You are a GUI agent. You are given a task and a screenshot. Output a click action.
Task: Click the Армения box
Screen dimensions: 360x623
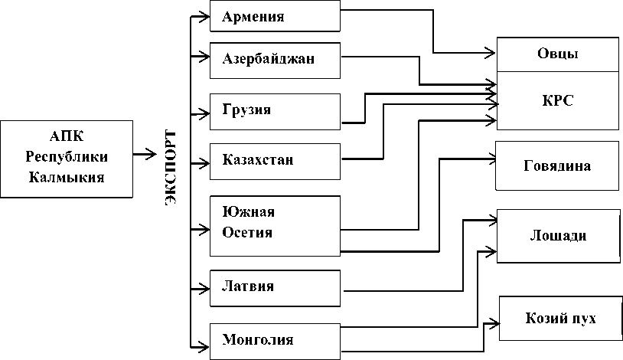(275, 16)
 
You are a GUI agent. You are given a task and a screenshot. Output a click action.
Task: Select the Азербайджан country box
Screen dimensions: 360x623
(275, 60)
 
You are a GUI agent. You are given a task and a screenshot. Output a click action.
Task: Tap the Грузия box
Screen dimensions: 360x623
(275, 111)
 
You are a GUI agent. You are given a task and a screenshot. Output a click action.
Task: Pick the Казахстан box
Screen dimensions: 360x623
(275, 160)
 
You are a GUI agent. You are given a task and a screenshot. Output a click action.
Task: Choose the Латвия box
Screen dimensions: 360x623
(275, 288)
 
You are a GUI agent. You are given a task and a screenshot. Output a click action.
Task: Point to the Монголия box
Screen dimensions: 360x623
(275, 339)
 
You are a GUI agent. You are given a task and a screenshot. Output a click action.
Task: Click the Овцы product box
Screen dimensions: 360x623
(557, 54)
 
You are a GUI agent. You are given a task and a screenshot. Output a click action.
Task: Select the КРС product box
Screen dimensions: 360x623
(557, 100)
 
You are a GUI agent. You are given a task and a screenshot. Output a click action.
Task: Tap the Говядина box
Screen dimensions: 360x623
(557, 165)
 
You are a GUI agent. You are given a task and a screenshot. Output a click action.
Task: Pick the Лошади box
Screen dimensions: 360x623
(557, 235)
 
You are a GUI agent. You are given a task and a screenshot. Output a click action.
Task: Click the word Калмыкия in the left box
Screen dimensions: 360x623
(67, 177)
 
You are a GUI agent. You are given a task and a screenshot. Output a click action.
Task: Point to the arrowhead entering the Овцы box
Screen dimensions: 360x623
(490, 53)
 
